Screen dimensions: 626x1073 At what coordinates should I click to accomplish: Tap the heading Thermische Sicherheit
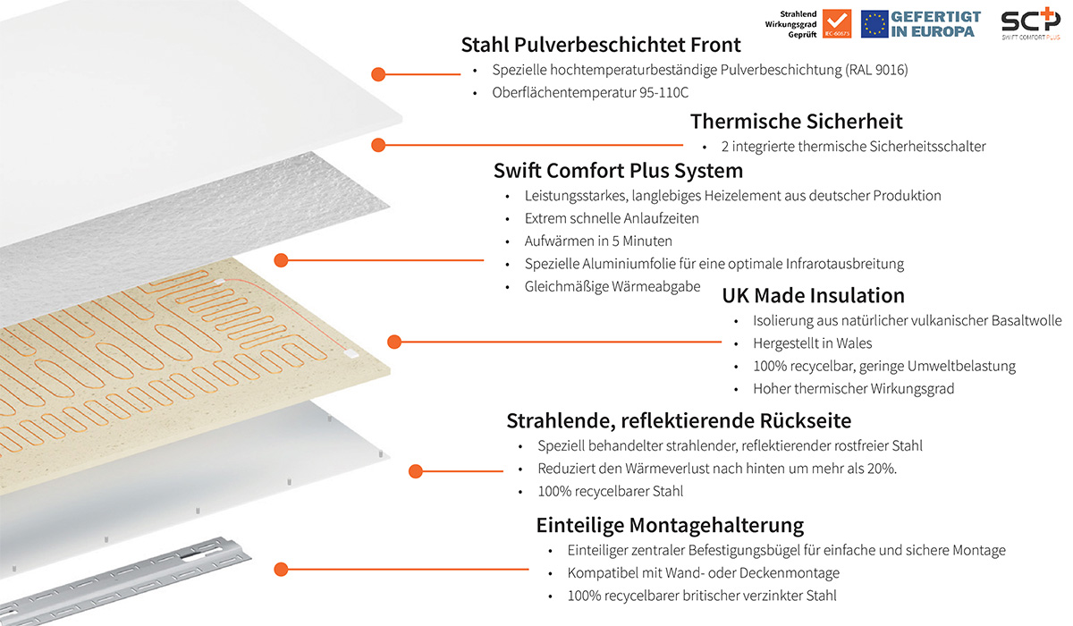[x=796, y=122]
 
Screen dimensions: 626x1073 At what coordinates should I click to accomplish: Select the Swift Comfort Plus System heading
[x=618, y=171]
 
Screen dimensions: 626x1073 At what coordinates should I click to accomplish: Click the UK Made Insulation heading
[x=813, y=295]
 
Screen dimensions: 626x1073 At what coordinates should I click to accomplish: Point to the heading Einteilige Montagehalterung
[x=670, y=525]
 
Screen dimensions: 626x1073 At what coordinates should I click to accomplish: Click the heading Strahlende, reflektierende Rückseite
[x=679, y=420]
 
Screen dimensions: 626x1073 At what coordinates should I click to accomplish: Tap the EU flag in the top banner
[x=874, y=24]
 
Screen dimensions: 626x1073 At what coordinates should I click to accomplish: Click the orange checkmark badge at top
[x=836, y=24]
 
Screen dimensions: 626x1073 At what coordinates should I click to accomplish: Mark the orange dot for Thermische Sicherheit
[x=378, y=145]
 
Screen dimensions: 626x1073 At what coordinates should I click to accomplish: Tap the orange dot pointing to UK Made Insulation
[x=394, y=341]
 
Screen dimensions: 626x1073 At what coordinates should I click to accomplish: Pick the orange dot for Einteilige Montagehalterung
[x=281, y=569]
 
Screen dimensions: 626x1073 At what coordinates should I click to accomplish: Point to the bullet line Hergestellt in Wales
[x=812, y=343]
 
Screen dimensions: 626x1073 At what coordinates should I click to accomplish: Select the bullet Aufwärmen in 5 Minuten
[x=597, y=241]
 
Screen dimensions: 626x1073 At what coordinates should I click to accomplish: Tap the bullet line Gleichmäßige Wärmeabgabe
[x=612, y=287]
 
